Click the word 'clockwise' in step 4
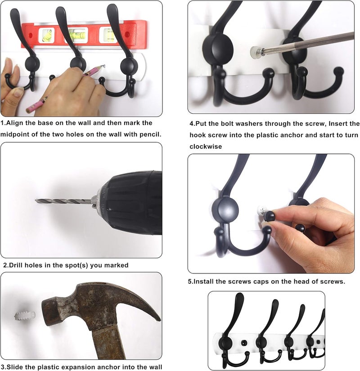coord(206,147)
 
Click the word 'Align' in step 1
coord(17,122)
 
